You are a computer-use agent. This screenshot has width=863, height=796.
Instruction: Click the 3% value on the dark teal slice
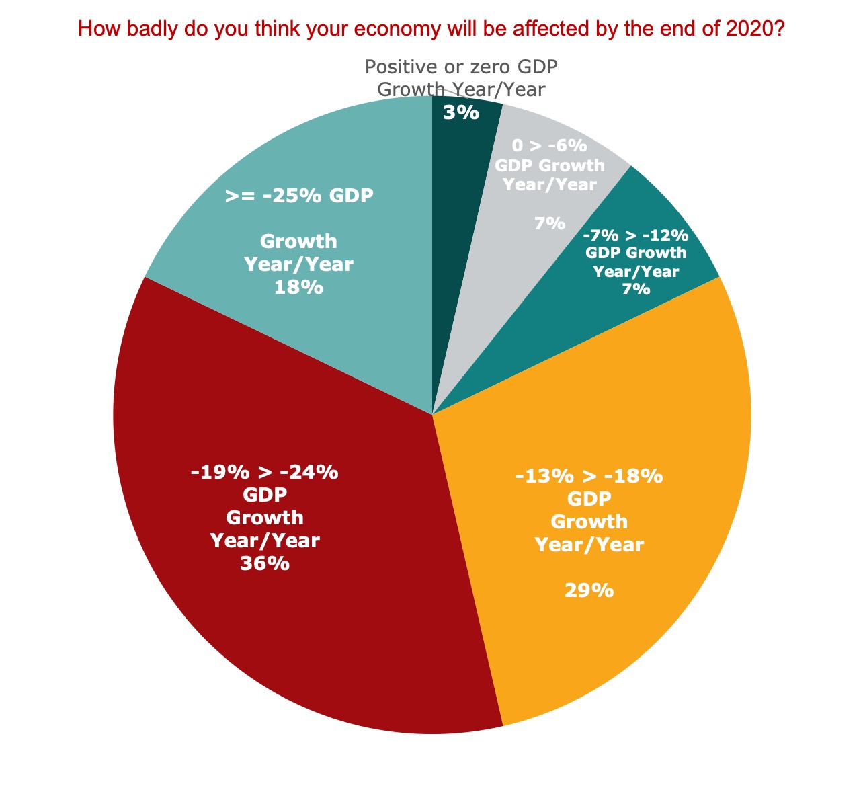460,112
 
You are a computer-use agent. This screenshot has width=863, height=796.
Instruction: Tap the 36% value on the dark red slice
264,563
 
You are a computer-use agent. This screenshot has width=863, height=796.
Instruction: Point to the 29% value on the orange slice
589,590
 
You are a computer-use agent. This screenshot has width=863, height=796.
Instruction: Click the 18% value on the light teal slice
298,287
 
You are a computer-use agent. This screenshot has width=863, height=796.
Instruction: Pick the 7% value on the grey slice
550,223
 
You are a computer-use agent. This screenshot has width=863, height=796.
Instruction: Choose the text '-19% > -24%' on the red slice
264,472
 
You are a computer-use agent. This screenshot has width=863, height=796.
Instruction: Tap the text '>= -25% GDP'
299,196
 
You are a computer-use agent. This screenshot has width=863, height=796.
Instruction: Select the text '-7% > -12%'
636,236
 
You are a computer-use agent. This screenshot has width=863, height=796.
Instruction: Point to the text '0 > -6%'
549,146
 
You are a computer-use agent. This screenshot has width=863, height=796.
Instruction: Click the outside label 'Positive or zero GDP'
461,67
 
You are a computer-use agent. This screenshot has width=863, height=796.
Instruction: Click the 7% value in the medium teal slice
636,289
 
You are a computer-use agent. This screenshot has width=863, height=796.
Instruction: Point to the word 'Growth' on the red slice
264,518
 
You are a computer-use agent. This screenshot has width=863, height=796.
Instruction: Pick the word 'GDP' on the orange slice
589,499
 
